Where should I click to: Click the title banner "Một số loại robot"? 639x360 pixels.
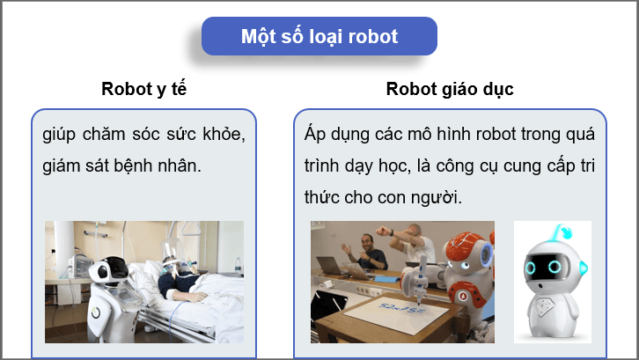point(319,37)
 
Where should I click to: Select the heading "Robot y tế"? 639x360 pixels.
point(143,89)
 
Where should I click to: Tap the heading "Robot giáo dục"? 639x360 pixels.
point(449,89)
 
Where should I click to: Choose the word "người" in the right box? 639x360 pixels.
point(437,196)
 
